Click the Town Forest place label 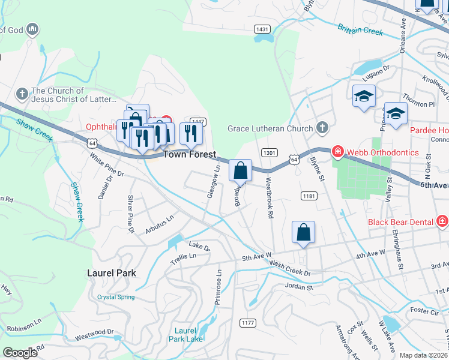point(190,154)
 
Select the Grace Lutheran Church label point(270,128)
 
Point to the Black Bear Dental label point(402,222)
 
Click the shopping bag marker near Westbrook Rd point(240,171)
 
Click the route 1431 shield point(262,29)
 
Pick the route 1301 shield point(269,153)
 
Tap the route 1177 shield point(247,323)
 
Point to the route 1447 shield point(199,122)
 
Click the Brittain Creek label point(360,29)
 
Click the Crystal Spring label point(116,297)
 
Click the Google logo point(20,353)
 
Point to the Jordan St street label point(300,287)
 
